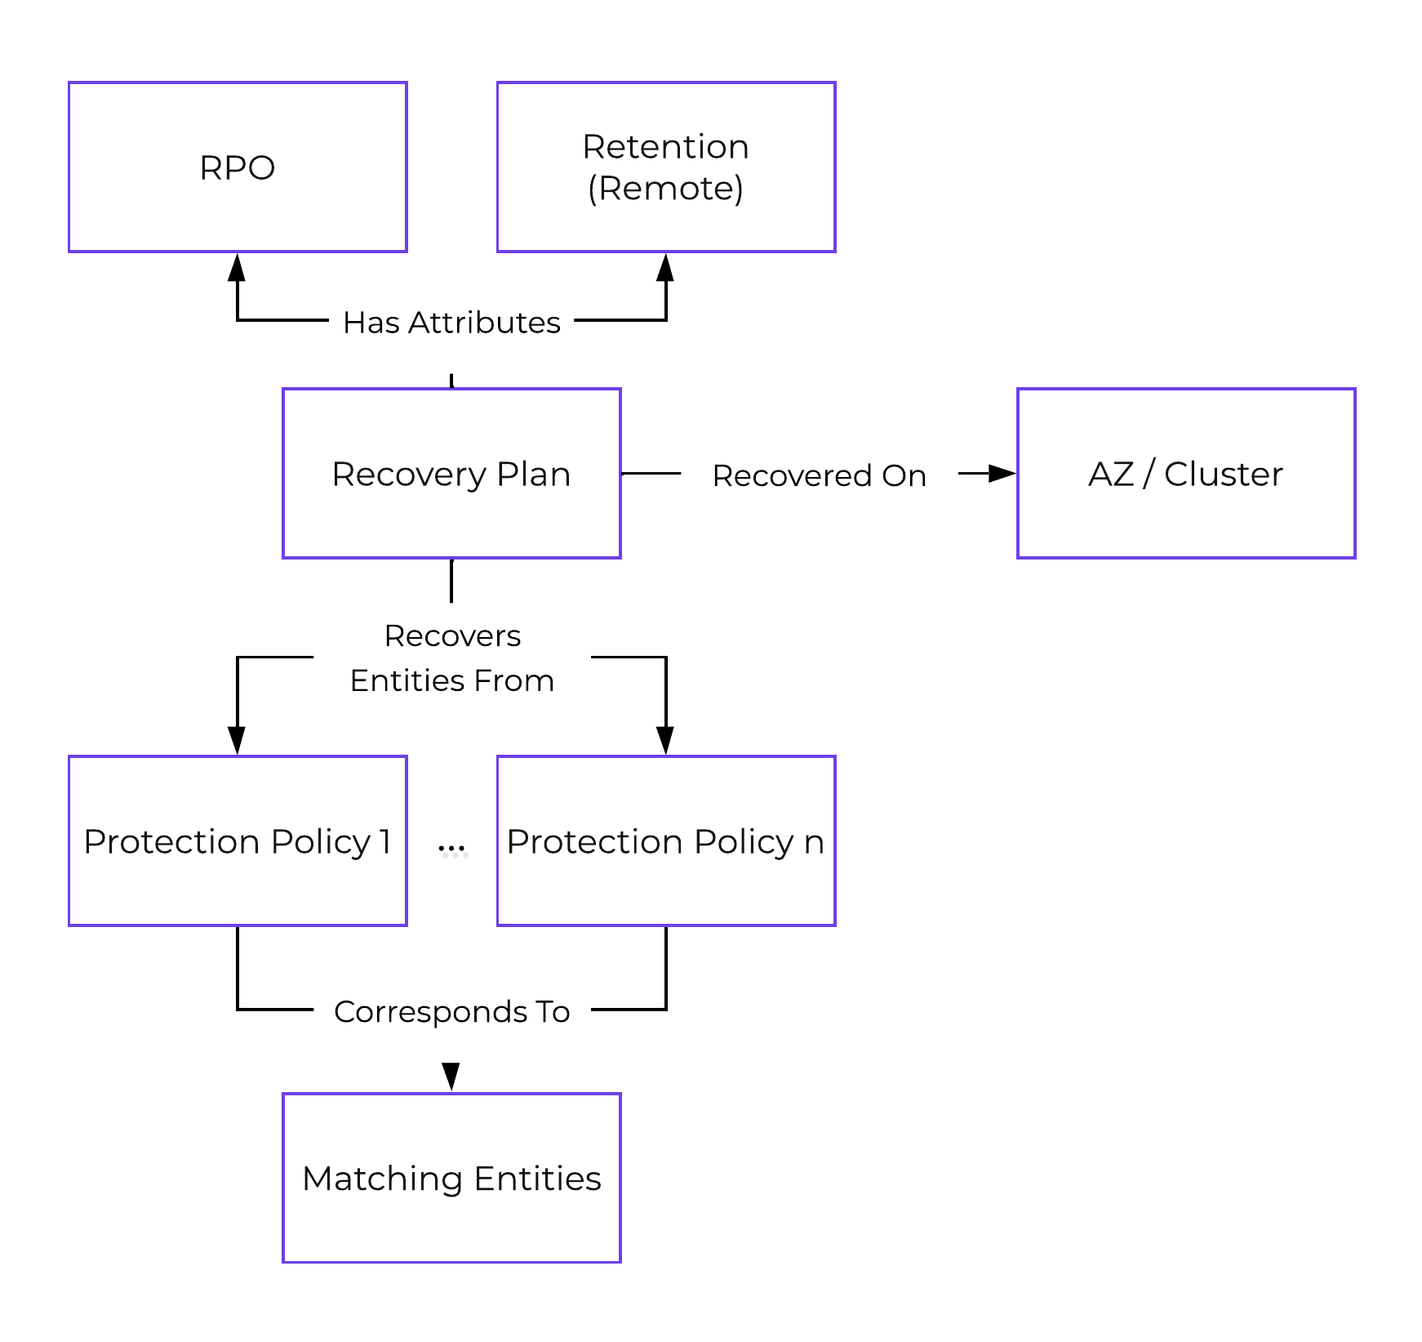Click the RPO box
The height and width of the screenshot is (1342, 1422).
tap(238, 167)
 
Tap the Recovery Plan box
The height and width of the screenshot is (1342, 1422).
tap(451, 474)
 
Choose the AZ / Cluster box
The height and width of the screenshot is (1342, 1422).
tap(1185, 474)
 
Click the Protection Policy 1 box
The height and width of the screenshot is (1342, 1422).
tap(238, 841)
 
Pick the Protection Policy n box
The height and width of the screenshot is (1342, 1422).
tap(665, 841)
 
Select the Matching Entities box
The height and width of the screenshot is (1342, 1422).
tap(451, 1178)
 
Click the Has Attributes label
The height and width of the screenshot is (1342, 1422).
tap(451, 323)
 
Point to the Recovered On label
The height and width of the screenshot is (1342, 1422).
tap(819, 475)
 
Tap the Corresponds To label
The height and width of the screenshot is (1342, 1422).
tap(451, 1011)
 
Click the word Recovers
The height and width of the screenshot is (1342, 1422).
tap(452, 635)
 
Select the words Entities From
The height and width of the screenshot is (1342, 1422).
tap(451, 680)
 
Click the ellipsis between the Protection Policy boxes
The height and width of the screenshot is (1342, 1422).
tap(452, 849)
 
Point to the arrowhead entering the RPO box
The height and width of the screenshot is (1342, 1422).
tap(237, 268)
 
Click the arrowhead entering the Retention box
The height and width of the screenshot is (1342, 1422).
tap(665, 268)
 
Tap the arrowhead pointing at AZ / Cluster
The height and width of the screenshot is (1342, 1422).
tap(1002, 473)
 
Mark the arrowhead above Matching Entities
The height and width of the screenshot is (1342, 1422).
tap(451, 1076)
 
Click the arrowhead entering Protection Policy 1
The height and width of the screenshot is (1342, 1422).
tap(237, 740)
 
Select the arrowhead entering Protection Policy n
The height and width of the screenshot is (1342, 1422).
tap(665, 740)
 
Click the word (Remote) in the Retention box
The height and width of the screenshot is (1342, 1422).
tap(665, 189)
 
